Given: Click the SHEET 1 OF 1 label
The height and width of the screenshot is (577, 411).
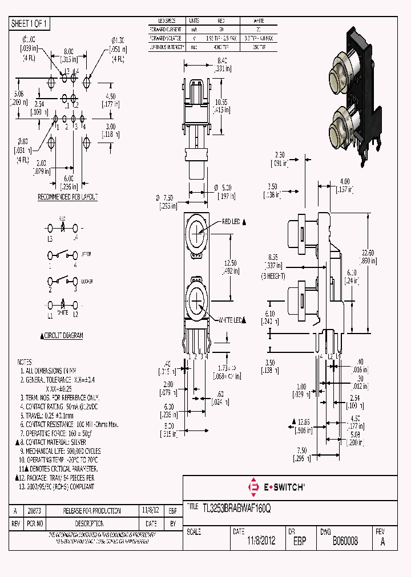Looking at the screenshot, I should pos(30,24).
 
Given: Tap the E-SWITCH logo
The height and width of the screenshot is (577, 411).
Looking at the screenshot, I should pos(276,487).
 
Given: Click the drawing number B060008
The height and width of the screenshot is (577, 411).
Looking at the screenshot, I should pos(345,541).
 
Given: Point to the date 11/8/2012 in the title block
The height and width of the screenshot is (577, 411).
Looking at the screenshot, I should pos(261,541).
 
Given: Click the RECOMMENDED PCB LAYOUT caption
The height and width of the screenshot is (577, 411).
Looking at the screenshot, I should pos(67,197).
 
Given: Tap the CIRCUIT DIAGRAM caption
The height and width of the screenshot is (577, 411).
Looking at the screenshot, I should pos(63,336).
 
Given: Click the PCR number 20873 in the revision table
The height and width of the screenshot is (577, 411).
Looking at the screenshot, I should pos(34,511).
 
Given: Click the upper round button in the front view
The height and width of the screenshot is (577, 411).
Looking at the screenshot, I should pos(196,230).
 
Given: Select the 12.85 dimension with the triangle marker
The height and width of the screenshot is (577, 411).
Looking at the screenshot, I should pos(303,422).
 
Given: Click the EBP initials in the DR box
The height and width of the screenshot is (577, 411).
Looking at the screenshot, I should pos(299,541).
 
